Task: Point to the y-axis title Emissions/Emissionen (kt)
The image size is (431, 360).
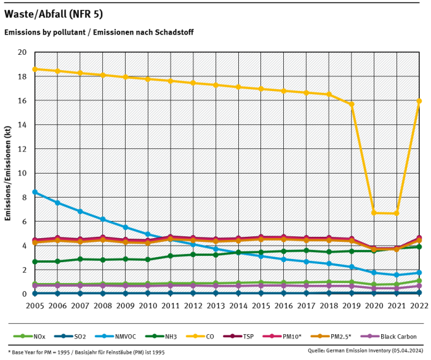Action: click(x=8, y=173)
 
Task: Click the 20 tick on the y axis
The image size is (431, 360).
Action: click(x=22, y=52)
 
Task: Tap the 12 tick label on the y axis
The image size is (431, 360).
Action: click(x=22, y=149)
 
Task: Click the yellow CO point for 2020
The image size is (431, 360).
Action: click(x=374, y=213)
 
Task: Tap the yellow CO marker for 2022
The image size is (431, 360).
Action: click(x=419, y=101)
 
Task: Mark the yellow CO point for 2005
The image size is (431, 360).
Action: click(x=35, y=69)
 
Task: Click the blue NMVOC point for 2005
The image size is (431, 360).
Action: click(x=35, y=192)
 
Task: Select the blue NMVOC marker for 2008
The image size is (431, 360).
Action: click(x=103, y=220)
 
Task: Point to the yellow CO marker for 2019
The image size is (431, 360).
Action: click(x=351, y=104)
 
